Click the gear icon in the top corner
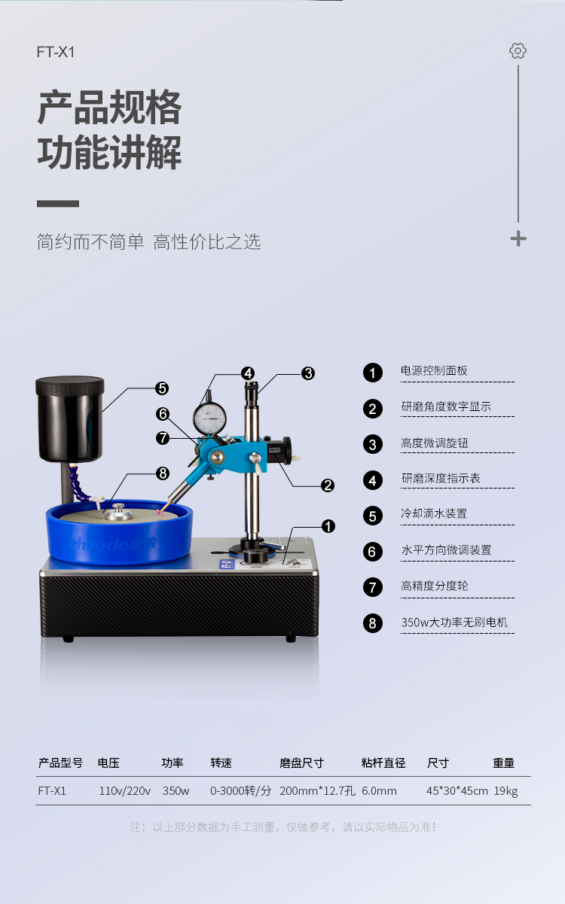point(518,51)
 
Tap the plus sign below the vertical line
point(518,239)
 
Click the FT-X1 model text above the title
point(56,52)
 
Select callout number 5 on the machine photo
point(162,388)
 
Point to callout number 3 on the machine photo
point(308,373)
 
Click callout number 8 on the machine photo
point(163,473)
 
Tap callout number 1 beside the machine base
point(328,526)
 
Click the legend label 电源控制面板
point(434,370)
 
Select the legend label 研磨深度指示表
point(441,478)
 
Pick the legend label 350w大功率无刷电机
point(454,622)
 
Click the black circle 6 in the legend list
point(372,552)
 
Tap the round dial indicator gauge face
point(209,419)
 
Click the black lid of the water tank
point(70,385)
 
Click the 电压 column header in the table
point(108,762)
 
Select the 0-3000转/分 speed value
point(241,790)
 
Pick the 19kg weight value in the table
point(505,791)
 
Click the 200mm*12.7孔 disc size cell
point(317,790)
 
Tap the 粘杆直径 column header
point(383,762)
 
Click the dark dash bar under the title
point(58,203)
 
